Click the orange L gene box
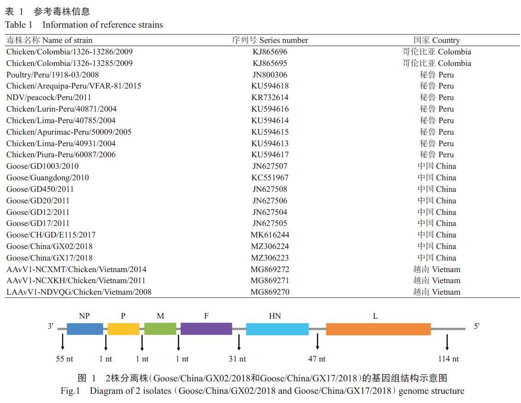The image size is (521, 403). (x=378, y=329)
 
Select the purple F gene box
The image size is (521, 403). (x=206, y=329)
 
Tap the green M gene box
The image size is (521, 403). (x=160, y=329)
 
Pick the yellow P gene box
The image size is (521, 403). (x=123, y=329)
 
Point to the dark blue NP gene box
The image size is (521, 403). (x=85, y=329)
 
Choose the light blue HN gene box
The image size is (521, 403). (x=277, y=329)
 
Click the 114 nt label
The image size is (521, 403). (x=448, y=359)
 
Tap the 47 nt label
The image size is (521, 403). (x=317, y=359)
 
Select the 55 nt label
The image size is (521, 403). (x=64, y=359)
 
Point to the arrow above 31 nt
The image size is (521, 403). (x=239, y=343)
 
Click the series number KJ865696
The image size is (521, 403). (x=270, y=52)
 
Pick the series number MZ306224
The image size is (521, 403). (x=270, y=246)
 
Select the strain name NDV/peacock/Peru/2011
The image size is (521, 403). (x=49, y=97)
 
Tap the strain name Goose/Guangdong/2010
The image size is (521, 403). (x=47, y=178)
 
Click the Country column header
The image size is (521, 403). (x=436, y=40)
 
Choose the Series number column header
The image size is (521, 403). (x=270, y=40)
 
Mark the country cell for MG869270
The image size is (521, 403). (x=436, y=292)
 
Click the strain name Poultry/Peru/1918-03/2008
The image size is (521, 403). (x=53, y=75)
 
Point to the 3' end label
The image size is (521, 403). (x=51, y=326)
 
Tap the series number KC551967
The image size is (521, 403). (x=270, y=178)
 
